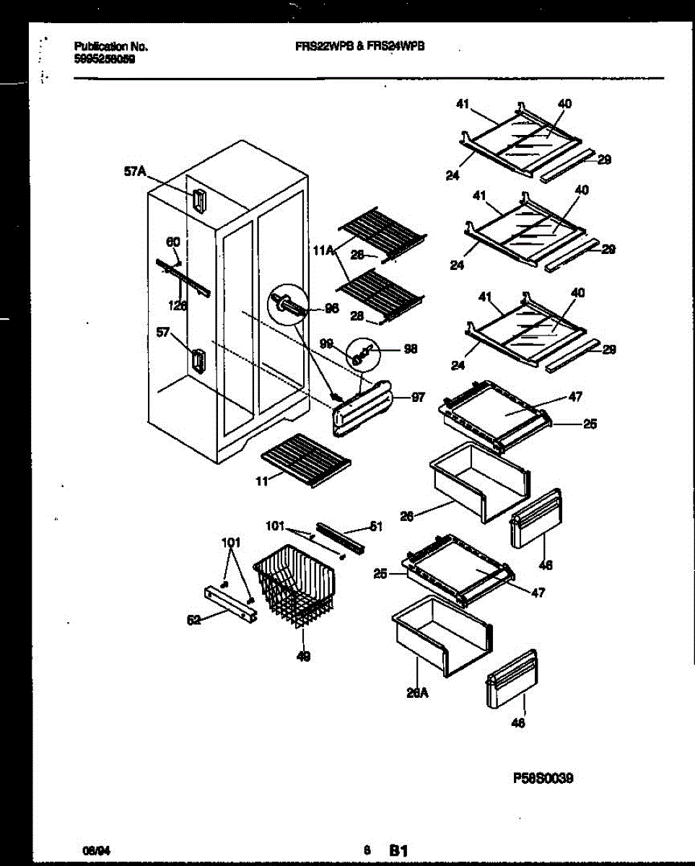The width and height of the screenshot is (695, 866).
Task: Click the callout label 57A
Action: click(x=134, y=172)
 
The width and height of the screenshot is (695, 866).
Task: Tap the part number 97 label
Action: click(x=418, y=397)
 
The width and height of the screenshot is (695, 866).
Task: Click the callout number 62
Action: click(x=193, y=619)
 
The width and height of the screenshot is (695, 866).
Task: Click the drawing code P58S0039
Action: click(x=543, y=778)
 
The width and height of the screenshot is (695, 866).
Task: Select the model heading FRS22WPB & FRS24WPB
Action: click(x=359, y=45)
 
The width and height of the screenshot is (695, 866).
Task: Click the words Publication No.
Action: click(x=111, y=47)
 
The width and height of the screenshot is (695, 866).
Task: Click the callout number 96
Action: click(x=331, y=308)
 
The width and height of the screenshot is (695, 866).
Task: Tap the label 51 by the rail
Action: click(x=375, y=527)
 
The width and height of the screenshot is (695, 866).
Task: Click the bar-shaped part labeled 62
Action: click(x=230, y=603)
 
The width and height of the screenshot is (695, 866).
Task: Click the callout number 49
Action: click(x=303, y=657)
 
